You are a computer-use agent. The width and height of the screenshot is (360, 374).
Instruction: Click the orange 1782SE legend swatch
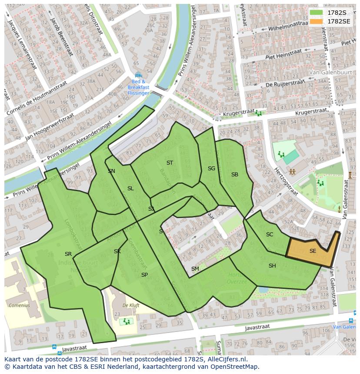(x=317, y=21)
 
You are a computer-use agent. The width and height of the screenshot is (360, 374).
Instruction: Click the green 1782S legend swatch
(x=317, y=13)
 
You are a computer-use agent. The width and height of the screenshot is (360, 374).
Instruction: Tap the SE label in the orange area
(x=313, y=251)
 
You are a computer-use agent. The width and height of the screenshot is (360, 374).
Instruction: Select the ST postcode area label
(x=170, y=163)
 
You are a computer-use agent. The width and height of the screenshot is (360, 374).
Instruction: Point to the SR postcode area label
(x=68, y=254)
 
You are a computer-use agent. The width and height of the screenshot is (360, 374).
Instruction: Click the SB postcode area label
(x=235, y=175)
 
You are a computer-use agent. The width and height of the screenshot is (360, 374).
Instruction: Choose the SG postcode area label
(x=211, y=169)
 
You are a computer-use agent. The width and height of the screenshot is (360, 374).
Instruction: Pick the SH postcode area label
(x=272, y=266)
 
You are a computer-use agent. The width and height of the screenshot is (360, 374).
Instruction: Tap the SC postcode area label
(x=270, y=235)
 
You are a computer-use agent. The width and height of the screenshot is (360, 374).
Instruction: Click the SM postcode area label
(x=195, y=269)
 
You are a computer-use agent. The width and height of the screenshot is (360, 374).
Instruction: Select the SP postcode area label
(x=144, y=275)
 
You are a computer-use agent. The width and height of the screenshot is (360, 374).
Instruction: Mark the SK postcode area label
(x=117, y=252)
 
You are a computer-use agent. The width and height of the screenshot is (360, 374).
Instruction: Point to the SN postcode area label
(x=112, y=171)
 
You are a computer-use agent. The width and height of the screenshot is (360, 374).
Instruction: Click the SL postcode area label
(x=130, y=189)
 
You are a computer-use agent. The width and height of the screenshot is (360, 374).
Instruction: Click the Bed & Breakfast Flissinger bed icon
(x=138, y=75)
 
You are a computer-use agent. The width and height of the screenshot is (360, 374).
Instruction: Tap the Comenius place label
(x=19, y=305)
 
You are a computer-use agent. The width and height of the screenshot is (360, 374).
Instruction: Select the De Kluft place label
(x=131, y=305)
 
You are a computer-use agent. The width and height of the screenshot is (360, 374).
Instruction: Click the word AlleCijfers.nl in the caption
(x=226, y=359)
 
